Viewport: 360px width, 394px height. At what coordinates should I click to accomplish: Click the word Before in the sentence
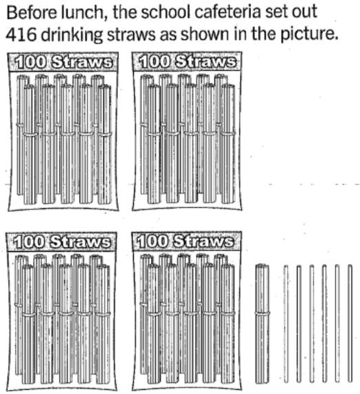pyautogui.click(x=32, y=12)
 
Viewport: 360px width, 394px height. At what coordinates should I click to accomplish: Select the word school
pyautogui.click(x=166, y=12)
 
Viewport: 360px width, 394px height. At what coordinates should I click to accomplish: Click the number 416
pyautogui.click(x=21, y=34)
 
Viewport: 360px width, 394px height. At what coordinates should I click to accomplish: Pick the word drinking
pyautogui.click(x=72, y=35)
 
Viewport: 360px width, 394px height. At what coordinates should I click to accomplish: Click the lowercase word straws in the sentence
pyautogui.click(x=131, y=35)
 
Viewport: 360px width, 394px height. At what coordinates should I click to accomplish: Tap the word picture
pyautogui.click(x=309, y=35)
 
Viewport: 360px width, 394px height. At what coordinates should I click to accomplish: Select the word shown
pyautogui.click(x=205, y=34)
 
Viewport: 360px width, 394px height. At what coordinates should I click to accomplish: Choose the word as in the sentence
pyautogui.click(x=168, y=35)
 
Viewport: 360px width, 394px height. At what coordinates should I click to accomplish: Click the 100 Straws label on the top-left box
pyautogui.click(x=63, y=62)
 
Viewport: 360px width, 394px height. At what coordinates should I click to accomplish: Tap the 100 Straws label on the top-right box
pyautogui.click(x=188, y=61)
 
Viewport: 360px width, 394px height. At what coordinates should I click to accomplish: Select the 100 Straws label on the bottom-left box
pyautogui.click(x=62, y=242)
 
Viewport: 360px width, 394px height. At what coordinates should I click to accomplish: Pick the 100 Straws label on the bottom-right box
pyautogui.click(x=186, y=241)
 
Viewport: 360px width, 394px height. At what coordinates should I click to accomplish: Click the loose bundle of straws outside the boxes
pyautogui.click(x=262, y=324)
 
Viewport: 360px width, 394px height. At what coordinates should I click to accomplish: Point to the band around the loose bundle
pyautogui.click(x=262, y=313)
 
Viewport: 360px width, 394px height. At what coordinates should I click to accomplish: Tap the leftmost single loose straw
pyautogui.click(x=286, y=324)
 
